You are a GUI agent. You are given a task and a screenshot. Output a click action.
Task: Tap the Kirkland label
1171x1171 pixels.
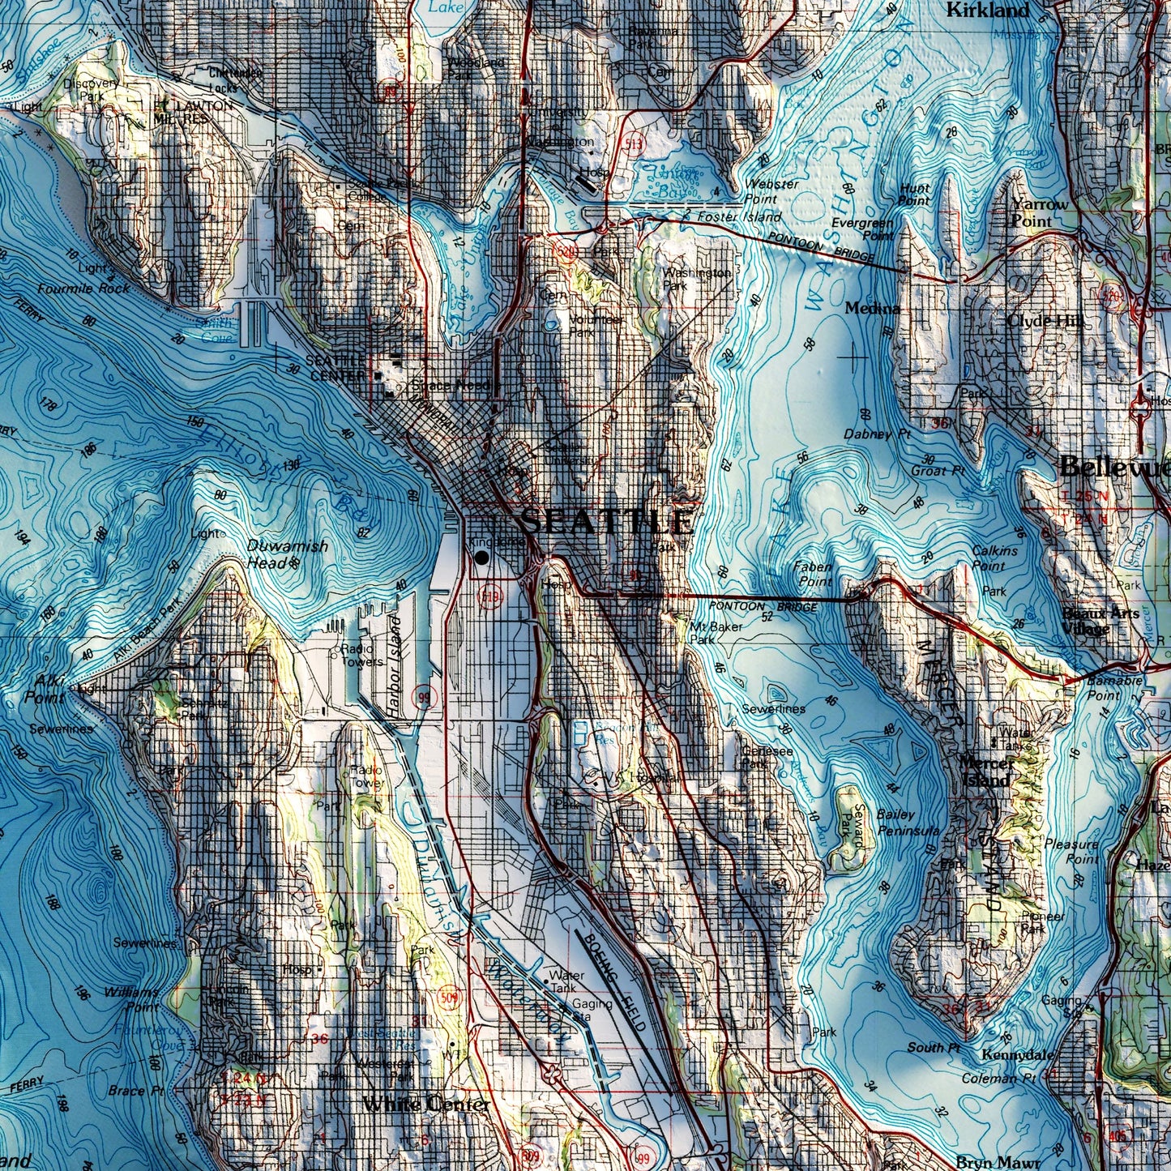pyautogui.click(x=987, y=11)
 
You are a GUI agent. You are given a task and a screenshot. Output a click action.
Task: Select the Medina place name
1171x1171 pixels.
pyautogui.click(x=872, y=308)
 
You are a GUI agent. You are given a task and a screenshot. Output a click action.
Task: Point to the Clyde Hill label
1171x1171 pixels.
pyautogui.click(x=1045, y=321)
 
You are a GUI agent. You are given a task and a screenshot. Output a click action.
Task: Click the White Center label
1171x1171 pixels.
pyautogui.click(x=425, y=1104)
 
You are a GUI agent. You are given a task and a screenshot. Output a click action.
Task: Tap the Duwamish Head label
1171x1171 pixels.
pyautogui.click(x=287, y=554)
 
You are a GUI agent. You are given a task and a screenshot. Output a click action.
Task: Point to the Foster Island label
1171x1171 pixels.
pyautogui.click(x=738, y=217)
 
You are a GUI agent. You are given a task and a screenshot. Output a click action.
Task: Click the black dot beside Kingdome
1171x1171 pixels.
pyautogui.click(x=482, y=558)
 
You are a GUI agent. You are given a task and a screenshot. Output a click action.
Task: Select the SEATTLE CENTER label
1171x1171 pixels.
pyautogui.click(x=335, y=367)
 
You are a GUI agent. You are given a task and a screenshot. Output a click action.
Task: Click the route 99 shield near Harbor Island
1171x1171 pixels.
pyautogui.click(x=422, y=696)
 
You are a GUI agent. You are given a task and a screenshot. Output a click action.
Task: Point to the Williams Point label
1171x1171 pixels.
pyautogui.click(x=131, y=999)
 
